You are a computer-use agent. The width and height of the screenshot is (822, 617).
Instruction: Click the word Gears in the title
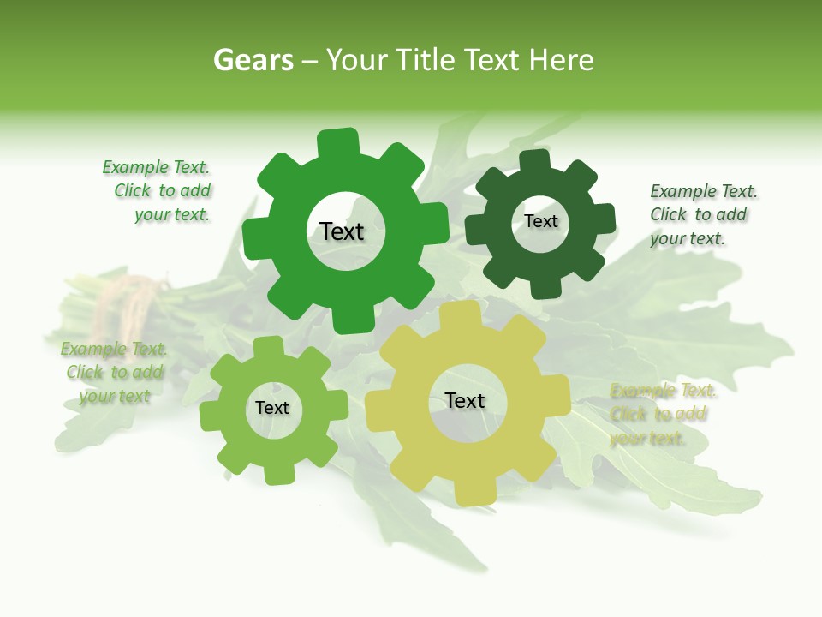pos(252,60)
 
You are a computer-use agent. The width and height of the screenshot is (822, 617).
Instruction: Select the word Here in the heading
pos(561,60)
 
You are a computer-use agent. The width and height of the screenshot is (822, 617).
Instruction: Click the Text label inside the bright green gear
pos(342,231)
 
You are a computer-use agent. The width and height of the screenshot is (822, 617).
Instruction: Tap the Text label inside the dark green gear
pos(540,221)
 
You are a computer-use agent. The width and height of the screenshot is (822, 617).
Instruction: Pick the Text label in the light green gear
pos(272,408)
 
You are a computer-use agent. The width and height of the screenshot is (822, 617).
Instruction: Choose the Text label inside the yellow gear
pos(465,400)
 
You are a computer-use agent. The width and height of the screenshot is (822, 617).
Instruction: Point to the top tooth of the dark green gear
pos(535,162)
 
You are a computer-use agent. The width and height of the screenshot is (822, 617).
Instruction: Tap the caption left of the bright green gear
pos(159,191)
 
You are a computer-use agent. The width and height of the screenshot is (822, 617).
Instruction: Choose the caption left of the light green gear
pos(114,373)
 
